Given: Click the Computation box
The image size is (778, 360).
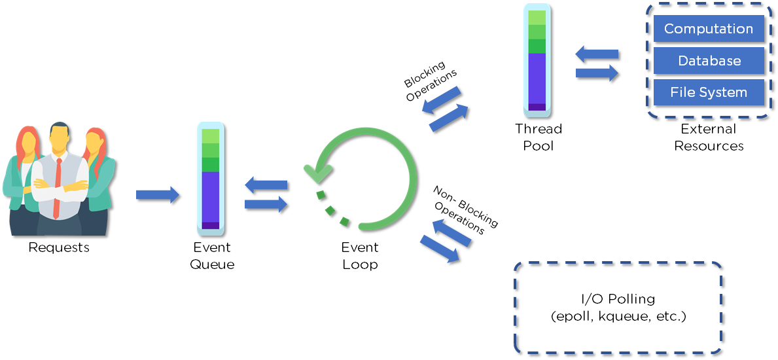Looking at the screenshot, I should click(709, 29).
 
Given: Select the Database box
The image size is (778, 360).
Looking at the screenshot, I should click(709, 61).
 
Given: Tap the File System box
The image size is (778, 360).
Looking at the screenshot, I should click(709, 92).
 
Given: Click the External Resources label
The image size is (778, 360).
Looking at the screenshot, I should click(709, 137).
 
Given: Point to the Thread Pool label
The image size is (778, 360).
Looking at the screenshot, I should click(538, 137).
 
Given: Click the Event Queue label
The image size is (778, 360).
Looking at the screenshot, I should click(212, 256).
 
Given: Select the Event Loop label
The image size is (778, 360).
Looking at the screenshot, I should click(359, 256).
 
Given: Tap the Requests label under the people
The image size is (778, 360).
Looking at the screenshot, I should click(59, 247).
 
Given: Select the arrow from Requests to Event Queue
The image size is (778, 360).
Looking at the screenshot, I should click(157, 194).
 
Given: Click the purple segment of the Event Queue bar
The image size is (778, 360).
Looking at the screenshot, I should click(211, 197).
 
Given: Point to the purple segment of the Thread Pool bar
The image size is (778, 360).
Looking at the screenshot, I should click(537, 78).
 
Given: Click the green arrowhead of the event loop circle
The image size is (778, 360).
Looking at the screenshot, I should click(318, 172).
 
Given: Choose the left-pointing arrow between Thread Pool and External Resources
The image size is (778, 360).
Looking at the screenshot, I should click(597, 55).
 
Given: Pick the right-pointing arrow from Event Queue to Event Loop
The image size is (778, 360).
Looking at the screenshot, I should click(266, 204).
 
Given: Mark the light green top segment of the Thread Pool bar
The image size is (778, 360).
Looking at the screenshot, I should click(537, 18).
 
